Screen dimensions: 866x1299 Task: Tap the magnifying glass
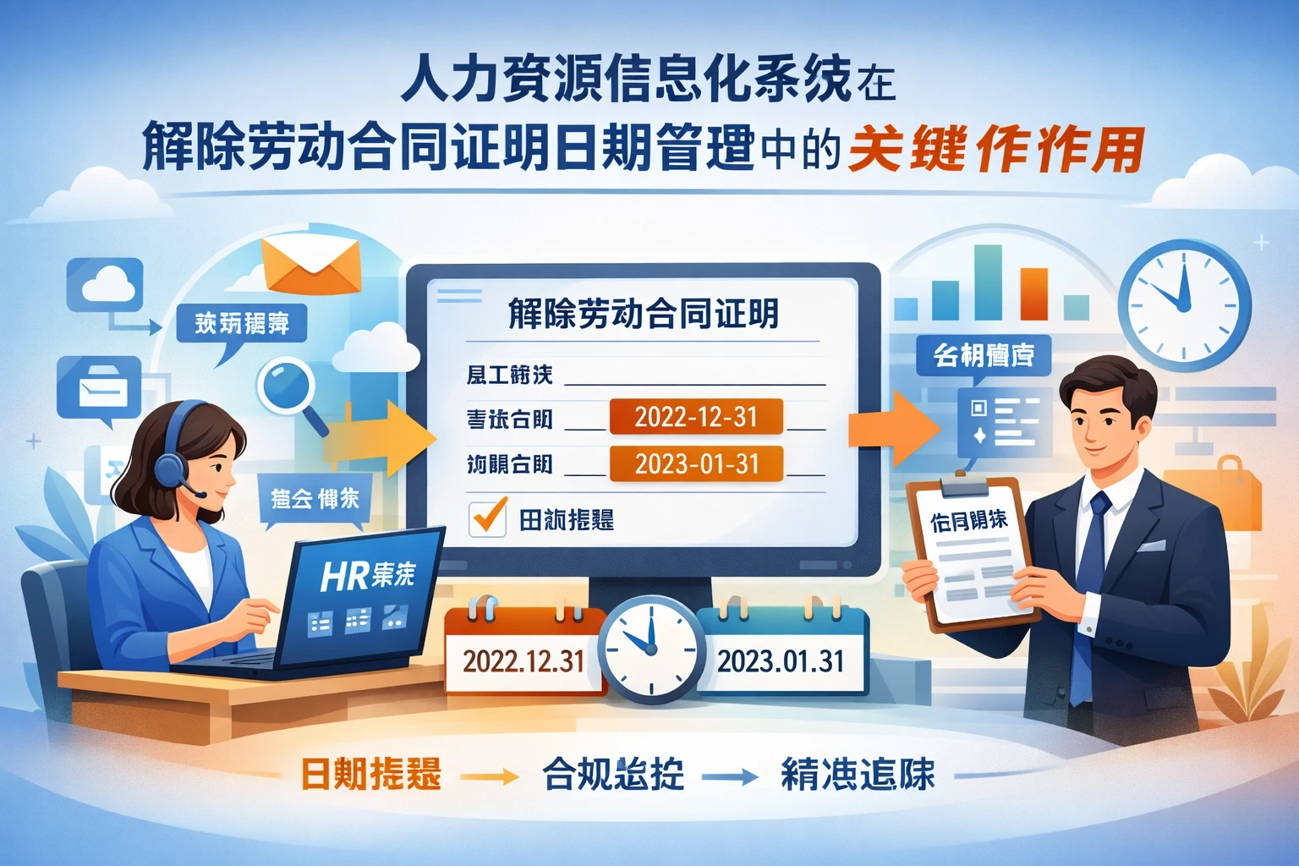(x=287, y=386)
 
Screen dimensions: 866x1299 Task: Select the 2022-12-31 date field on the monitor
(x=695, y=417)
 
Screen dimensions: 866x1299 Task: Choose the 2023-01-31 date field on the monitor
(x=695, y=463)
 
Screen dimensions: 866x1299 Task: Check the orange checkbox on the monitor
(x=488, y=518)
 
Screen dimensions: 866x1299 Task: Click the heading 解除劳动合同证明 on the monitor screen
(x=643, y=314)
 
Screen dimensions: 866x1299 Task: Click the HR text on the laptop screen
(x=343, y=577)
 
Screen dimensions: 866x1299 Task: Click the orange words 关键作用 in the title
(x=996, y=151)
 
